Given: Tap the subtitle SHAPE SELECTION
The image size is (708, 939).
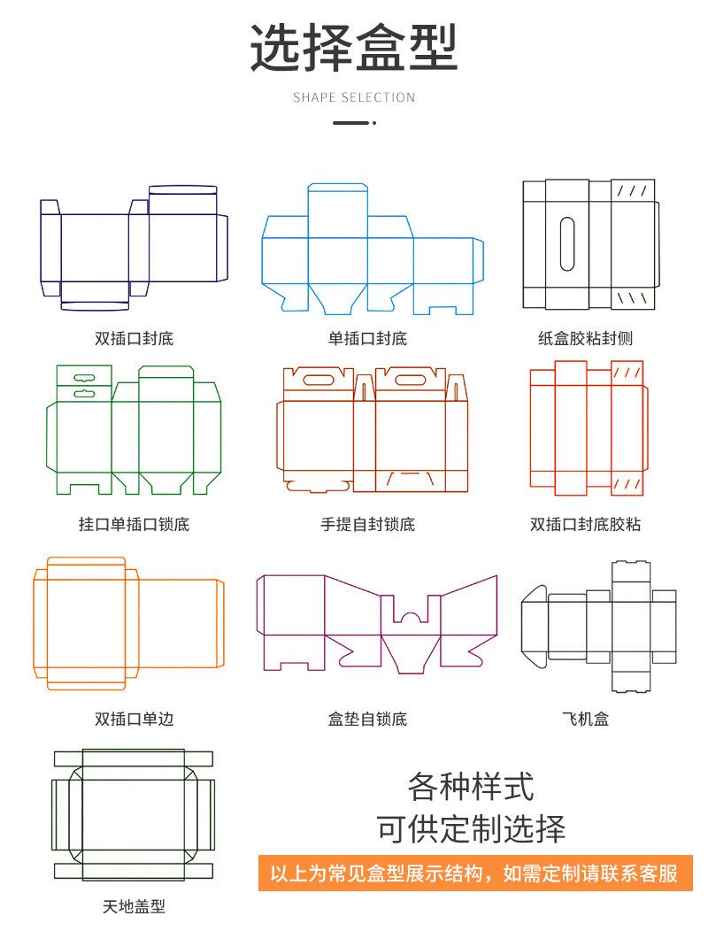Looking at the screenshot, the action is [x=354, y=97].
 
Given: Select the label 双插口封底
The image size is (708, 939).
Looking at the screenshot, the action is [x=135, y=338].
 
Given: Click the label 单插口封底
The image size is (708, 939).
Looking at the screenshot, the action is [x=367, y=338].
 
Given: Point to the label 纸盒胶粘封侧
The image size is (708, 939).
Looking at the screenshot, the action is [x=585, y=338].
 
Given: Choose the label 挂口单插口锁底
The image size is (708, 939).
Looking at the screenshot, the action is [x=135, y=524].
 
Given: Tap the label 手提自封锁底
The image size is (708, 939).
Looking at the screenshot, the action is [x=367, y=524].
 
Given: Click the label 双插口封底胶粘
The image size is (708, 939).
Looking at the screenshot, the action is [x=585, y=524].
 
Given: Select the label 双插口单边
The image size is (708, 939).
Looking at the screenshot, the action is [x=135, y=719].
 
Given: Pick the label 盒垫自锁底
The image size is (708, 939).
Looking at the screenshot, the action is [x=367, y=719].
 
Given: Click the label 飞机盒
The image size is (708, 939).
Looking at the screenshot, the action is [x=585, y=719].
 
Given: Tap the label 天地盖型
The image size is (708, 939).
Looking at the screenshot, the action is [x=134, y=906].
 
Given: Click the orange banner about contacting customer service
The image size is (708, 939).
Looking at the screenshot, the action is [x=473, y=874].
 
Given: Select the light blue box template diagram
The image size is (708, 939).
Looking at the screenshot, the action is [x=372, y=252].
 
